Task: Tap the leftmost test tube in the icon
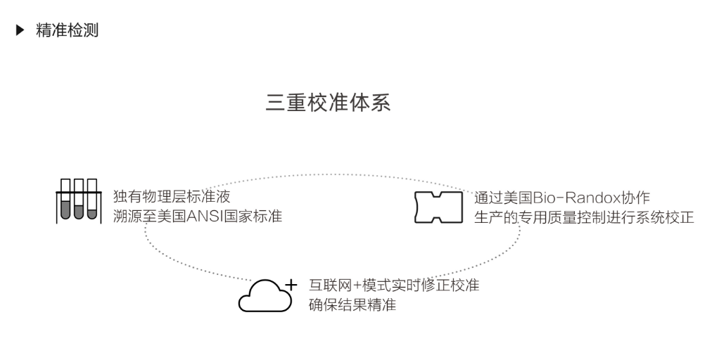(x=65, y=201)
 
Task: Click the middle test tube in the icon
(x=79, y=201)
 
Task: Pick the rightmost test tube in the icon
(x=92, y=201)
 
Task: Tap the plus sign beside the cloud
(x=291, y=285)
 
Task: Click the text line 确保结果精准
(x=352, y=304)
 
